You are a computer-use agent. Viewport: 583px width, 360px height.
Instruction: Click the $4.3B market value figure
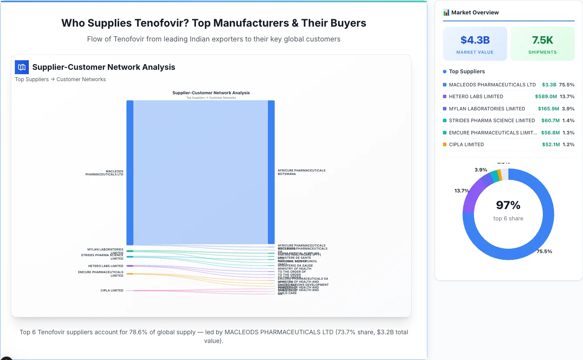475,40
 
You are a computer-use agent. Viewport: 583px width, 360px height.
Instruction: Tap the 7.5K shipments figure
542,40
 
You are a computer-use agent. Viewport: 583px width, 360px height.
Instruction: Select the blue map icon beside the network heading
22,67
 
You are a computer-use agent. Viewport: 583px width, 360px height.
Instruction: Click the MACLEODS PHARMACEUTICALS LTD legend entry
492,85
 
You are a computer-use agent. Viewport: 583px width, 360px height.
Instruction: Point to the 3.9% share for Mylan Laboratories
568,109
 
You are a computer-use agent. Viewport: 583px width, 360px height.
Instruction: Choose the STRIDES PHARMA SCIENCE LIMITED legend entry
492,120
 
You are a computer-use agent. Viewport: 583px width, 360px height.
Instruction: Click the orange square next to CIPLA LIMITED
445,144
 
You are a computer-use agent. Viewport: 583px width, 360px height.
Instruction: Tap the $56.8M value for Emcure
550,133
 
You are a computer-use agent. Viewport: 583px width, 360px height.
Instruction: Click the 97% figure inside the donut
508,205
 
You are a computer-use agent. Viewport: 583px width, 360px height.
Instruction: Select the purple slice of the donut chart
474,192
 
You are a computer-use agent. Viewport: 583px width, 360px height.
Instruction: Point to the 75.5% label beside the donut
544,251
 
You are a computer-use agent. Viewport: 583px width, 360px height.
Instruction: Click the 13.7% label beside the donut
462,191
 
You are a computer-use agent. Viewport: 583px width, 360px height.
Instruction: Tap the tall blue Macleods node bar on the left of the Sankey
130,172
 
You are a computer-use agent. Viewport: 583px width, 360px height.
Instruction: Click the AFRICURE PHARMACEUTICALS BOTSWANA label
302,172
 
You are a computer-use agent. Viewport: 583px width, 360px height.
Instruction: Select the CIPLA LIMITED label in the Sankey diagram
112,291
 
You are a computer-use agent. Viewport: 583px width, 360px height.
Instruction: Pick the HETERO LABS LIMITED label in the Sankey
106,266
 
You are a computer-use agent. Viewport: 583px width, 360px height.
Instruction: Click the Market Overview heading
475,13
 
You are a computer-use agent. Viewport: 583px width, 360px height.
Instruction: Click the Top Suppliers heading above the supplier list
466,72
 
